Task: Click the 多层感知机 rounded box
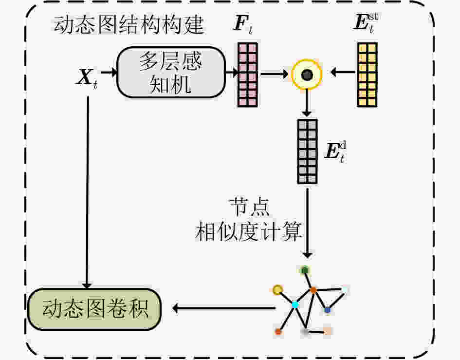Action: pos(171,73)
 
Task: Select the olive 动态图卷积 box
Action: pos(94,309)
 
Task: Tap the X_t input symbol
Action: pos(87,78)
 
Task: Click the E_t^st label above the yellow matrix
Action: pos(366,22)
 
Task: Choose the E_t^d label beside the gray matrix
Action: pos(335,152)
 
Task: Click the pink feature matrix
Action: pos(248,75)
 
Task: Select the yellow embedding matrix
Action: pos(368,75)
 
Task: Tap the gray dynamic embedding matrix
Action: pos(307,152)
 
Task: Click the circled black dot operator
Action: pos(307,75)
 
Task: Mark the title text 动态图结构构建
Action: pos(129,25)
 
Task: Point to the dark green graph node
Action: pos(305,270)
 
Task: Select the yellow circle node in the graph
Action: pos(277,290)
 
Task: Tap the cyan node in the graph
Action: pos(295,305)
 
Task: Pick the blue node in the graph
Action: pos(328,310)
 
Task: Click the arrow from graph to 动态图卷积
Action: pos(224,308)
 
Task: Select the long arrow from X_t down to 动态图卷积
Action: pos(87,192)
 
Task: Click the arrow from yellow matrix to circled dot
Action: pos(343,72)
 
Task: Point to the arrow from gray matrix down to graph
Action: pos(307,223)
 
